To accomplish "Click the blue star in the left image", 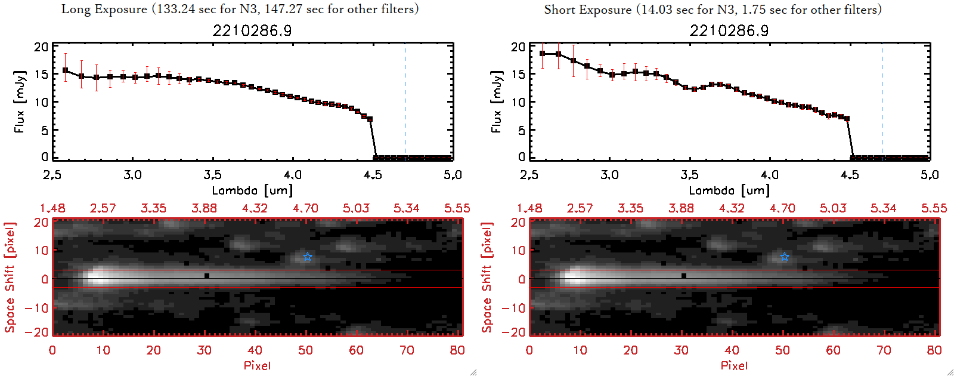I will click(308, 257).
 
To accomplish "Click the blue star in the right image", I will click(785, 257).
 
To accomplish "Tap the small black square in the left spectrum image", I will click(207, 276).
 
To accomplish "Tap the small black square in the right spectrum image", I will click(684, 276).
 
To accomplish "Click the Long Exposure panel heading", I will click(240, 10).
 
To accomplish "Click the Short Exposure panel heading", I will click(713, 10).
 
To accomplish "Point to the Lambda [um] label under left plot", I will click(252, 190).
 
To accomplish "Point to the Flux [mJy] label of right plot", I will click(496, 101).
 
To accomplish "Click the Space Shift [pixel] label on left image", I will click(10, 278).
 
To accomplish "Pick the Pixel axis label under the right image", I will click(734, 365).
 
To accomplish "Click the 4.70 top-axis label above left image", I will click(305, 208).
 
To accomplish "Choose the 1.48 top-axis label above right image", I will click(529, 208).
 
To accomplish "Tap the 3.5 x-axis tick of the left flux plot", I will click(212, 175).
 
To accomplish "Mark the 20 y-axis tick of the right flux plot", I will click(518, 47).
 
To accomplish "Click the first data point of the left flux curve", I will click(66, 70).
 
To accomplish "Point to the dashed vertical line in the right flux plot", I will click(882, 101).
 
